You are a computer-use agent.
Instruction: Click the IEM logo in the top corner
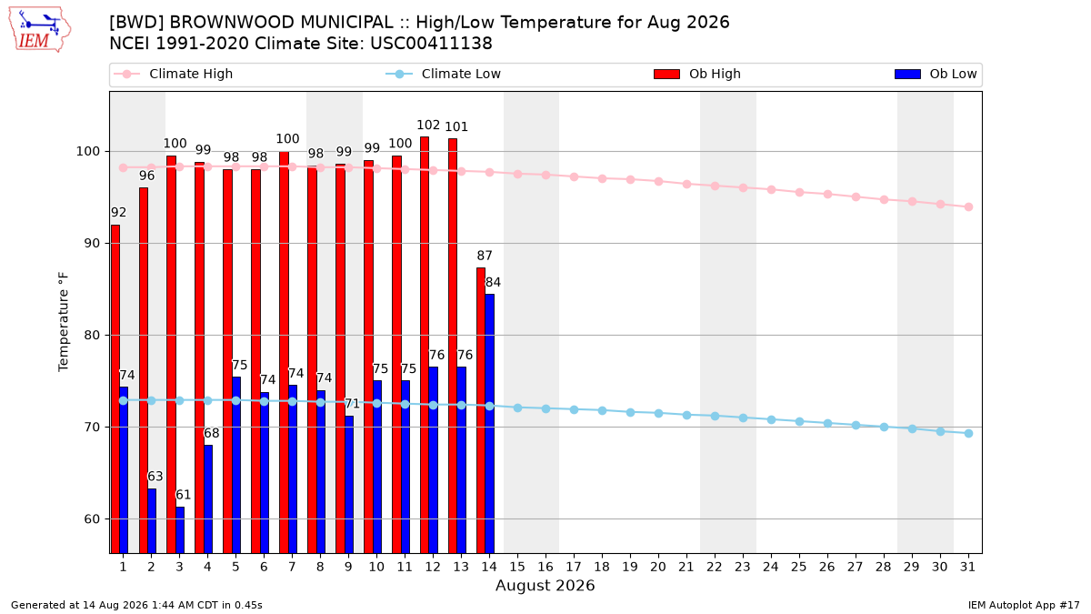point(39,30)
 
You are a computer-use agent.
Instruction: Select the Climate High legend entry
point(173,74)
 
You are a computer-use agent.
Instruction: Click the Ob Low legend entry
point(936,74)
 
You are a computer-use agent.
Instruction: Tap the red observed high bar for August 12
point(425,345)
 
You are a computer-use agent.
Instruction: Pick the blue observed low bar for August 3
point(180,529)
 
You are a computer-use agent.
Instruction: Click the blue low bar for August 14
point(489,424)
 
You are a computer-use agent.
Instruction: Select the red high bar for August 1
point(115,389)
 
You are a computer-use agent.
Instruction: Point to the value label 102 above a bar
point(428,126)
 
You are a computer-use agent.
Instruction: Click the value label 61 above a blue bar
point(183,495)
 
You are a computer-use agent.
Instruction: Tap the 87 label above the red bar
point(484,256)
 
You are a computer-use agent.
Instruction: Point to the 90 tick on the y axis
point(92,243)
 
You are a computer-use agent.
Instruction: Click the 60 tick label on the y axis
point(92,519)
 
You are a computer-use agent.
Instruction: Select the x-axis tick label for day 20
point(658,567)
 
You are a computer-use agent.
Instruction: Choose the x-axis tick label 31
point(967,567)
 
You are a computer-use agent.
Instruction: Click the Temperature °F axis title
point(64,322)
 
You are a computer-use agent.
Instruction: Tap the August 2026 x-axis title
point(545,585)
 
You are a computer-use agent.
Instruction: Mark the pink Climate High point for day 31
point(969,207)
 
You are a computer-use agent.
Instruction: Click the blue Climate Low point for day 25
point(799,421)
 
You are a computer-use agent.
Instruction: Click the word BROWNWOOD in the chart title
point(232,23)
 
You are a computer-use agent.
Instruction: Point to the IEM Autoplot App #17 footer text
point(1024,605)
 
